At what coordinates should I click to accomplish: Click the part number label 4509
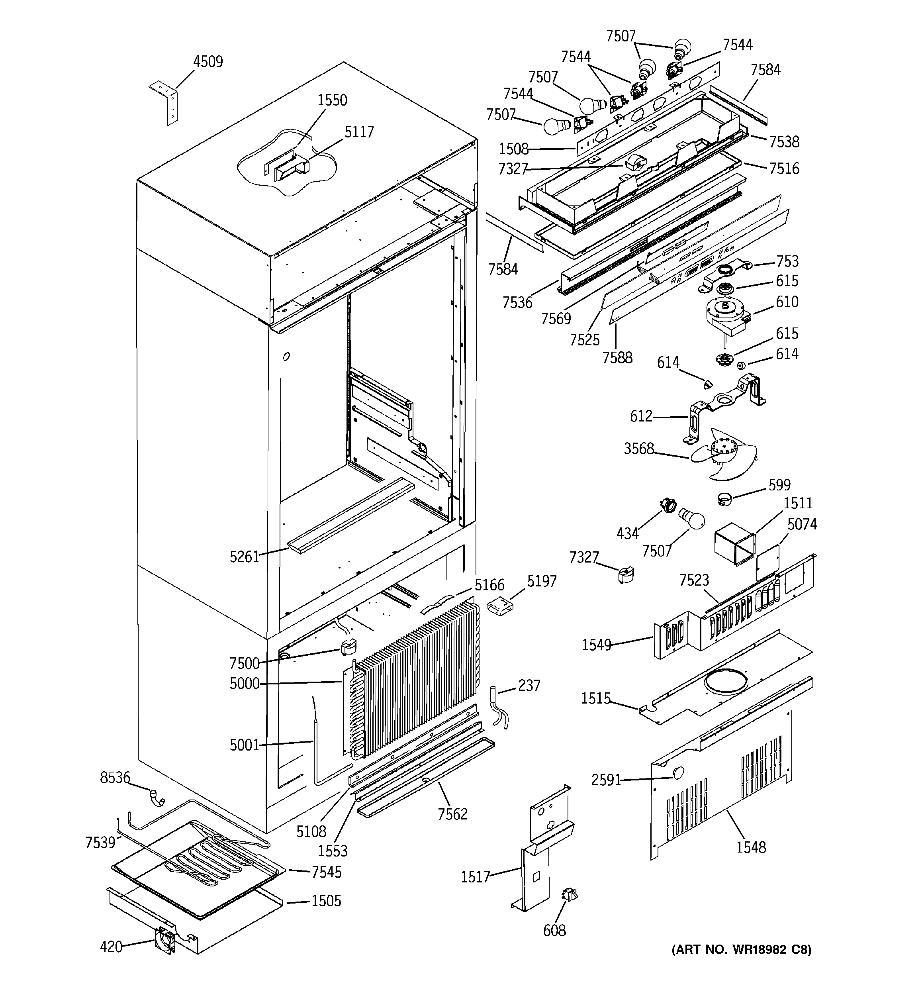[x=208, y=62]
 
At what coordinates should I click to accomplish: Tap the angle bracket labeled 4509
[x=166, y=101]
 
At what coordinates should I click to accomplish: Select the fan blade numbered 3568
[x=724, y=454]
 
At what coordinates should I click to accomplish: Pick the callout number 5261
[x=244, y=557]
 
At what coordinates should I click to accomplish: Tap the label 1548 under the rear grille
[x=750, y=847]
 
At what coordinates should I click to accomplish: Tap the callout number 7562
[x=452, y=814]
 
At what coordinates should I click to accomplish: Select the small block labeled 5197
[x=500, y=606]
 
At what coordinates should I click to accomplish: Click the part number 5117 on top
[x=359, y=132]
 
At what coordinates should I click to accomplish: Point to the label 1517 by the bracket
[x=475, y=877]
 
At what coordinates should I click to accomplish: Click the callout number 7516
[x=784, y=169]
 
